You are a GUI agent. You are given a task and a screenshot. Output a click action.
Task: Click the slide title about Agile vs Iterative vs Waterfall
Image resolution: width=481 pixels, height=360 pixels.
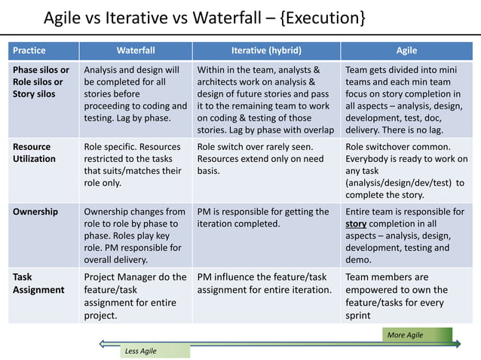point(204,17)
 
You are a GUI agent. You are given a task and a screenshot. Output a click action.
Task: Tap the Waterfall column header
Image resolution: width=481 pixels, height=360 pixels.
point(136,50)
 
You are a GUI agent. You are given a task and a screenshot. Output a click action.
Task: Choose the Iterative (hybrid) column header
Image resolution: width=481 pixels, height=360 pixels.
point(266,50)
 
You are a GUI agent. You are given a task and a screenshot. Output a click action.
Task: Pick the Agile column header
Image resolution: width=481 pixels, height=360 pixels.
point(407,50)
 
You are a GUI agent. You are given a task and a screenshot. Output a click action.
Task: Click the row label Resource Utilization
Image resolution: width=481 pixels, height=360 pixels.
point(34,153)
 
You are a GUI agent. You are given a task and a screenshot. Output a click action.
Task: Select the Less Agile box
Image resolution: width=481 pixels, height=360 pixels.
point(155,351)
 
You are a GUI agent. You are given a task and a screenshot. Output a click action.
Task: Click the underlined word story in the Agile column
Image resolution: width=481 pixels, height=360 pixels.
point(356,224)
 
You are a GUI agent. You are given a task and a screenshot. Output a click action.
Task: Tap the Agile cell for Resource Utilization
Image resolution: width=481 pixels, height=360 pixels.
point(406,170)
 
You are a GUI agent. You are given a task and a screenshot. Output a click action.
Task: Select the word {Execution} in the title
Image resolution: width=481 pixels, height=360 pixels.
point(317,17)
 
